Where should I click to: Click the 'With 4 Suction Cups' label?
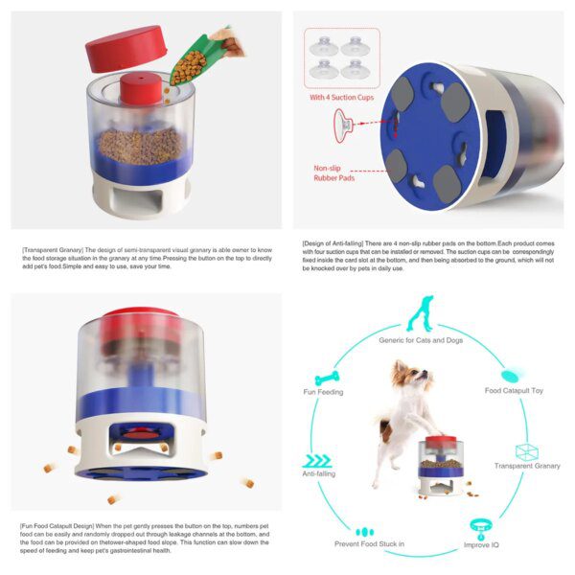(340, 97)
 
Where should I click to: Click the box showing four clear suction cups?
(341, 57)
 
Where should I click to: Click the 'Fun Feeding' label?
(323, 392)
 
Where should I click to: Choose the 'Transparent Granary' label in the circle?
(527, 466)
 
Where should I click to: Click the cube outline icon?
(526, 449)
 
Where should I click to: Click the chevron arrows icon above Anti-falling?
(315, 460)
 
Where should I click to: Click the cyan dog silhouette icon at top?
(420, 313)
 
